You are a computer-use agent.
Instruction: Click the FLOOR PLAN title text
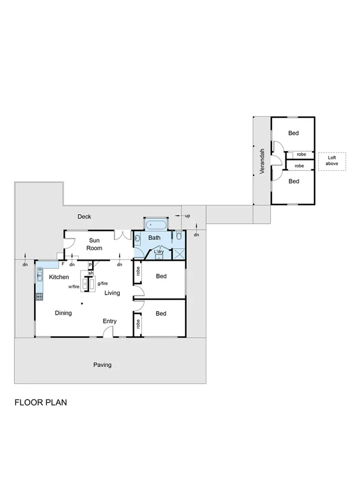[x=41, y=402]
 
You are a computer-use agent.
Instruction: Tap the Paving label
[x=102, y=365]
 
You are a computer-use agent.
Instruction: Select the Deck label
[x=85, y=216]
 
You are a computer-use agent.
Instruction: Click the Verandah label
[x=262, y=162]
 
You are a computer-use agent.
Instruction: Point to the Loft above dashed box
[x=332, y=161]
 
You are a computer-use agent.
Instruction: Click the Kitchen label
[x=58, y=277]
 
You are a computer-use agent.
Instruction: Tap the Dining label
[x=63, y=313]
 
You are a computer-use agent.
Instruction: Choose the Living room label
[x=112, y=293]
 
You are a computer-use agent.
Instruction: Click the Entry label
[x=109, y=321]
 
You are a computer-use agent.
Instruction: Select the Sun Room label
[x=94, y=244]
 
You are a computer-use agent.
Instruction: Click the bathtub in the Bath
[x=155, y=225]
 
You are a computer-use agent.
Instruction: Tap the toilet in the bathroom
[x=179, y=236]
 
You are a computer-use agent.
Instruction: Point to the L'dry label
[x=159, y=252]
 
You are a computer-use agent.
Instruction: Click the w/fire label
[x=74, y=286]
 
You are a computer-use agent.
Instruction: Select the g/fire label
[x=102, y=283]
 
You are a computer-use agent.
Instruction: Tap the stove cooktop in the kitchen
[x=39, y=297]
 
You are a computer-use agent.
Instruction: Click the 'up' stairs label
[x=187, y=216]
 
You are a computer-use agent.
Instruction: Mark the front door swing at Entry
[x=108, y=331]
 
